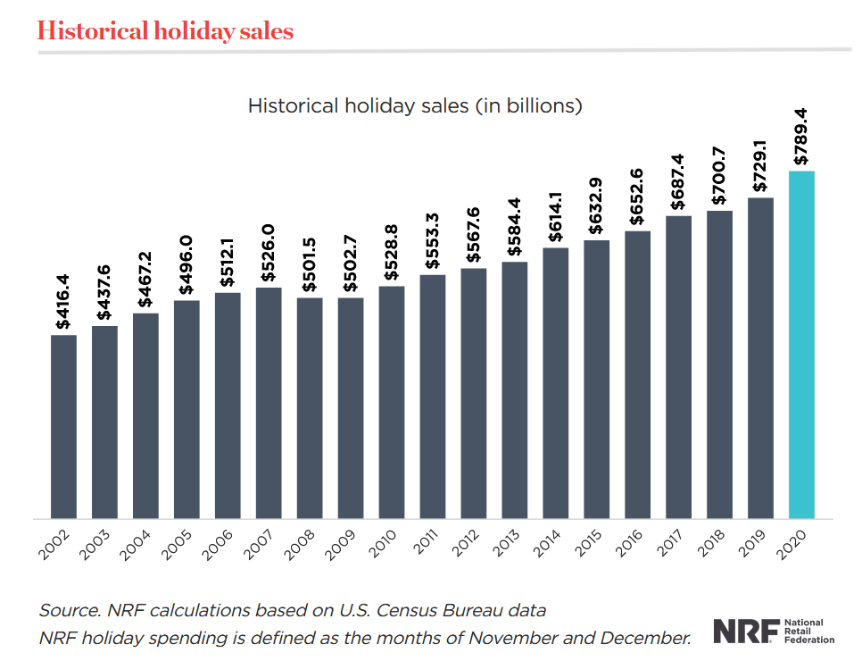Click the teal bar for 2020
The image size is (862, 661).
click(x=801, y=344)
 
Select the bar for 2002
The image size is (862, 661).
click(x=63, y=426)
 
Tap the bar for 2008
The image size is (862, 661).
click(x=310, y=407)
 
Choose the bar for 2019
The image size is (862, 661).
click(x=760, y=357)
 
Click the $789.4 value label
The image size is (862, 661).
click(x=800, y=137)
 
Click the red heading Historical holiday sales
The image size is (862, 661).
click(x=165, y=31)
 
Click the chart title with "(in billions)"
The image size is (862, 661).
click(x=415, y=105)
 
